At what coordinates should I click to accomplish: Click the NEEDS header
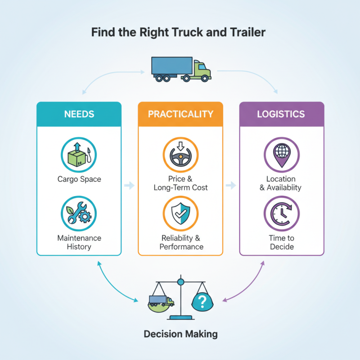click(x=79, y=114)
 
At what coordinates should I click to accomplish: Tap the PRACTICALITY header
click(x=180, y=114)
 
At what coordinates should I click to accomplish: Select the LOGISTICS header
click(x=281, y=114)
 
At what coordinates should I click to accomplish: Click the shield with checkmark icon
click(x=180, y=213)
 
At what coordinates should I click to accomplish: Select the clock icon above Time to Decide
click(x=281, y=213)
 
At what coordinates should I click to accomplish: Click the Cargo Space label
click(x=79, y=179)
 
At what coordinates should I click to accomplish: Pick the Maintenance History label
click(x=79, y=242)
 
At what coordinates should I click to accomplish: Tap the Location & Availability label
click(x=281, y=183)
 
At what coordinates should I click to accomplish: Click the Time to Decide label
click(x=282, y=242)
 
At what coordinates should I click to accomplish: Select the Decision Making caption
click(x=180, y=334)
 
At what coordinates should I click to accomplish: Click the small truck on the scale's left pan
click(x=161, y=301)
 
